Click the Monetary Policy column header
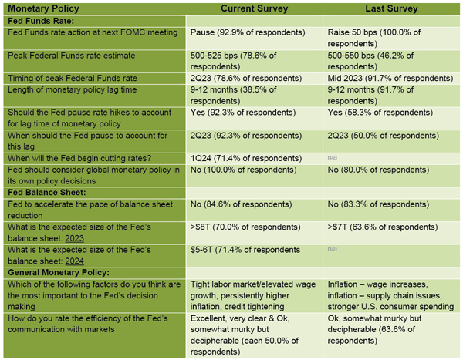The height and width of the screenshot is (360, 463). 40,8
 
